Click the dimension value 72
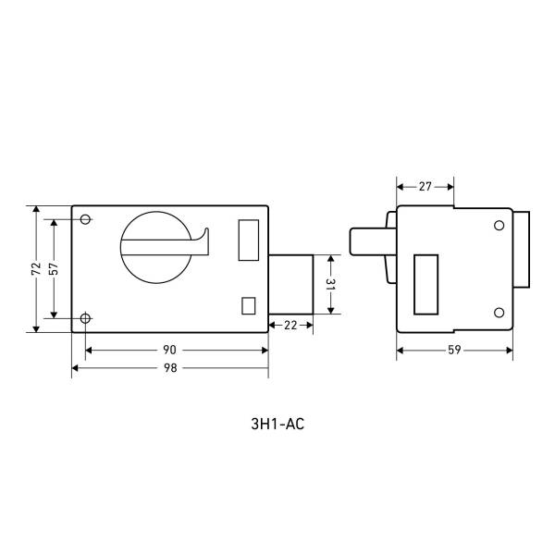[36, 268]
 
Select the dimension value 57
[54, 268]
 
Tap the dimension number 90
[169, 350]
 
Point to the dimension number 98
[170, 368]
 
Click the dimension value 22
[290, 326]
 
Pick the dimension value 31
[330, 284]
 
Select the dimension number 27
[425, 187]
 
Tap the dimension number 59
[454, 350]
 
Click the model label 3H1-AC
[277, 424]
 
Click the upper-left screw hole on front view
[85, 219]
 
